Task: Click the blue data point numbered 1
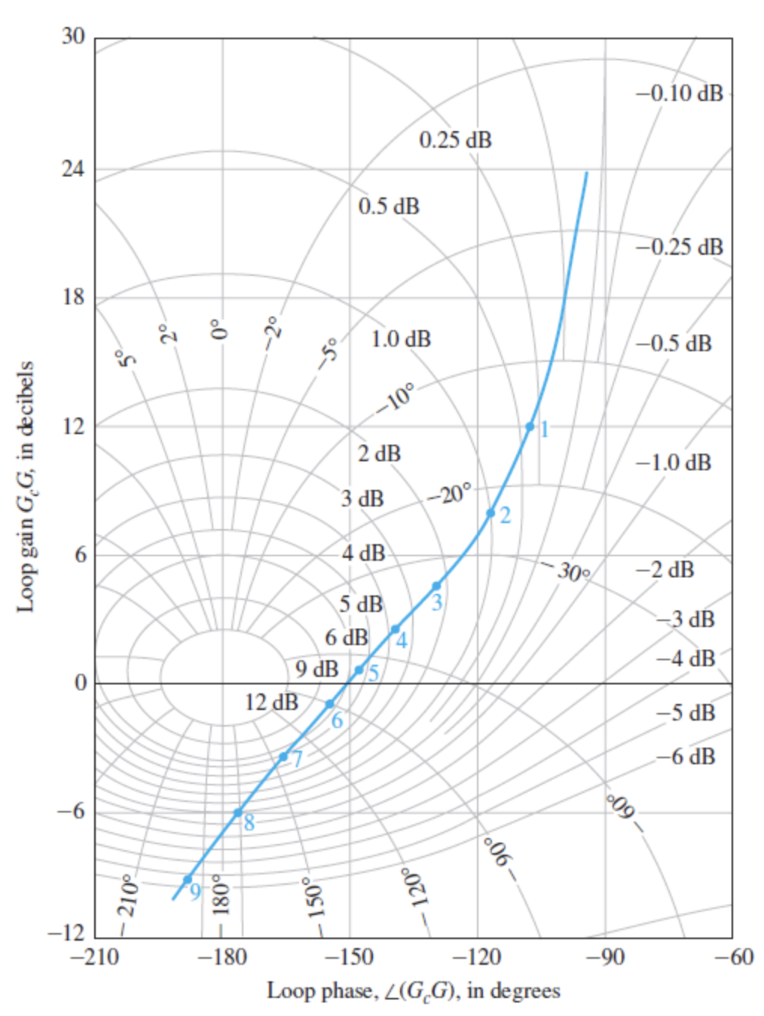point(530,427)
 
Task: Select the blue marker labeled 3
point(436,586)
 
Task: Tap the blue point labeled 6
point(330,704)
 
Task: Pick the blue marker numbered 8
point(238,812)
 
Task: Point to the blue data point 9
point(188,880)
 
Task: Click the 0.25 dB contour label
point(455,140)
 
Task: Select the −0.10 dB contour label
point(680,93)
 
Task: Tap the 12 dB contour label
point(271,702)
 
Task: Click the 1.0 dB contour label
point(401,339)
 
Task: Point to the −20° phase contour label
point(450,494)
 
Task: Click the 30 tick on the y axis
point(73,36)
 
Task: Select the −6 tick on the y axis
point(71,812)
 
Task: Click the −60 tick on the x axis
point(733,957)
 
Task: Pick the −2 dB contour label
point(664,570)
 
